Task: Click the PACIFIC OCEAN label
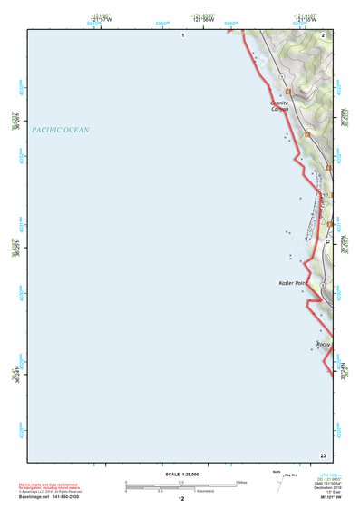[x=61, y=131]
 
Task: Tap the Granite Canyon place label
[x=280, y=107]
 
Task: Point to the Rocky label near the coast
[x=323, y=344]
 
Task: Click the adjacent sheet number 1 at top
[x=182, y=34]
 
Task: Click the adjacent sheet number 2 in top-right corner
[x=324, y=34]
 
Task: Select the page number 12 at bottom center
[x=181, y=498]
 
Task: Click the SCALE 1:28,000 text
[x=180, y=474]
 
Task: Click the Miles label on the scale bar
[x=242, y=482]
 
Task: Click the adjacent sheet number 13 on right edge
[x=329, y=242]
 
